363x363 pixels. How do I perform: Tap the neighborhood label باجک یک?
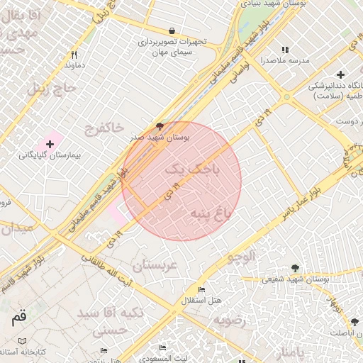(x=192, y=170)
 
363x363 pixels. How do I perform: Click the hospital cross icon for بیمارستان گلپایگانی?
(x=50, y=144)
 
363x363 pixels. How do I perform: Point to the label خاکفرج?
(x=104, y=128)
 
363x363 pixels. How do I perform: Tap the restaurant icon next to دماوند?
(x=74, y=55)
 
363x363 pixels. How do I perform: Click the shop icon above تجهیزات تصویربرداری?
(x=172, y=31)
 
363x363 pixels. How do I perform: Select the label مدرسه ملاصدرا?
(x=286, y=61)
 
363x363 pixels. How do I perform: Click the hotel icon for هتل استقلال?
(x=202, y=290)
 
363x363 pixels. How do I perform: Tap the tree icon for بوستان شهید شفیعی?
(x=295, y=268)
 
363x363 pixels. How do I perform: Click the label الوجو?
(x=238, y=258)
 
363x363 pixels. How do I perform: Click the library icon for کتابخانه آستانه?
(x=23, y=340)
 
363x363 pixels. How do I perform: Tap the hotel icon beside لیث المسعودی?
(x=162, y=348)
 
